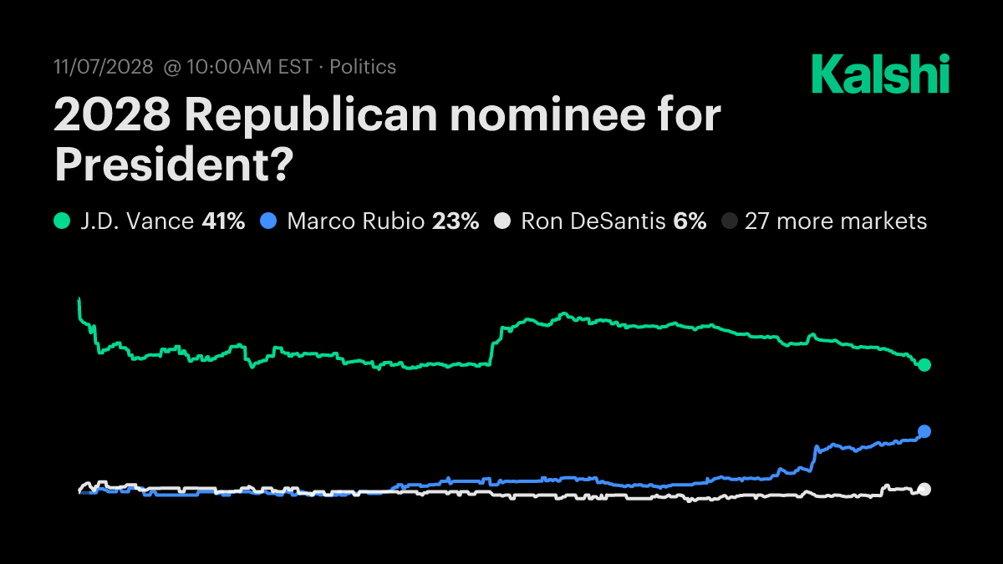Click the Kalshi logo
(x=880, y=74)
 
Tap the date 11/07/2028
(x=103, y=67)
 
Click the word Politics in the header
(x=363, y=67)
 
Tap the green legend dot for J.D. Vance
(x=62, y=221)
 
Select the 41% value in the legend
(x=223, y=221)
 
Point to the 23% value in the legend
(x=456, y=221)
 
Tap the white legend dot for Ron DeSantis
(x=501, y=221)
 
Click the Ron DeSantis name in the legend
(x=593, y=221)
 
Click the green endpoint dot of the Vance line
(x=924, y=365)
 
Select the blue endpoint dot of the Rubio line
(x=924, y=431)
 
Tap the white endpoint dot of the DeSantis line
(x=924, y=490)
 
